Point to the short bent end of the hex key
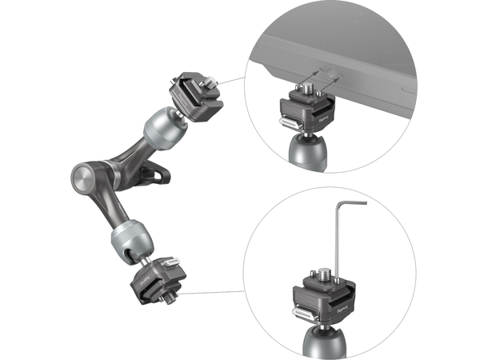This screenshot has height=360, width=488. point(352,202)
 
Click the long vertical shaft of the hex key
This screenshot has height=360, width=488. point(338,240)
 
